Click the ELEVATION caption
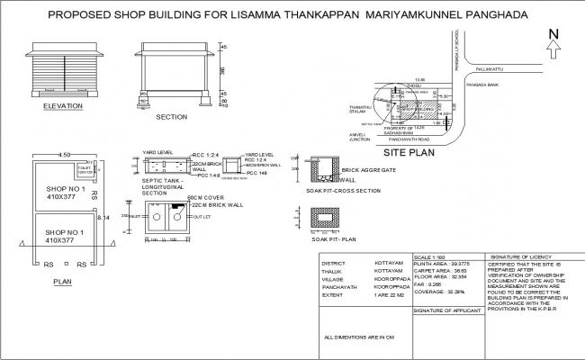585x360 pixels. pyautogui.click(x=63, y=106)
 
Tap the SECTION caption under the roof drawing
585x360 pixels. pyautogui.click(x=171, y=117)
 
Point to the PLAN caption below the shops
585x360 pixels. pyautogui.click(x=63, y=282)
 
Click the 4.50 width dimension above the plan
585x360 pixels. pyautogui.click(x=64, y=155)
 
